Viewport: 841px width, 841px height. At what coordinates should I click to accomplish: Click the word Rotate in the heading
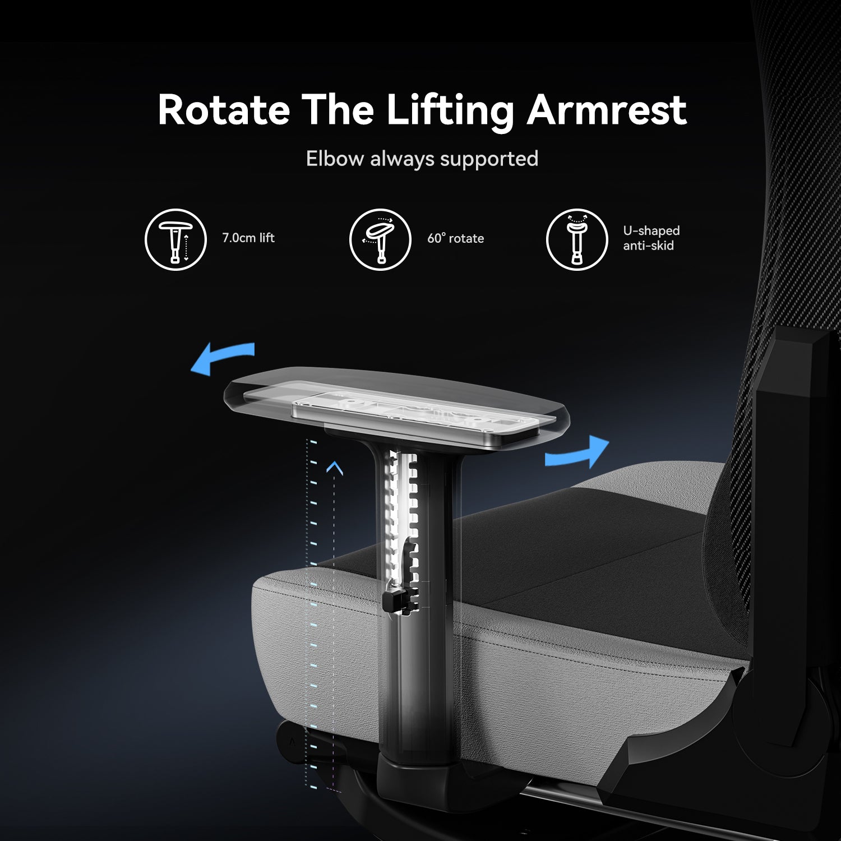tap(224, 110)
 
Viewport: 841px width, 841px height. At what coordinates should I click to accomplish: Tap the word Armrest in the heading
tap(607, 110)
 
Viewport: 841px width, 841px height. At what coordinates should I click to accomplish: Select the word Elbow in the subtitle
tap(335, 159)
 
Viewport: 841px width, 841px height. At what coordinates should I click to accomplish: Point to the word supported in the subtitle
tap(489, 160)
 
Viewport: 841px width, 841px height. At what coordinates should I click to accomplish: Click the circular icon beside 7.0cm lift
tap(176, 239)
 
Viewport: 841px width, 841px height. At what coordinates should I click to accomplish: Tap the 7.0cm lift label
tap(248, 238)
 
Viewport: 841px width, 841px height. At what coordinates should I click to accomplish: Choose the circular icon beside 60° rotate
tap(380, 239)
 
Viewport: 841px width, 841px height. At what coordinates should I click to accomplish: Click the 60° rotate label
tap(455, 238)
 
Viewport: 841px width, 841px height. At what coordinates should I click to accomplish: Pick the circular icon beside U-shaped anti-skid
tap(577, 239)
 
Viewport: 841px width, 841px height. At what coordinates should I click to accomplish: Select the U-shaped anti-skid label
tap(651, 238)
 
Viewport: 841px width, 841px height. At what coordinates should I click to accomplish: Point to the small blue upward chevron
tap(335, 468)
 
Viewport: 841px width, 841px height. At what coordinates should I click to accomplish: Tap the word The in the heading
tap(338, 110)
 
